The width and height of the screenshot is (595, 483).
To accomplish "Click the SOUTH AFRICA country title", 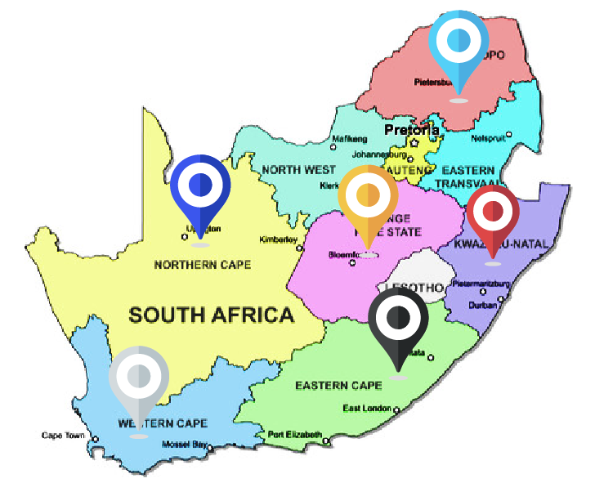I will click(211, 315).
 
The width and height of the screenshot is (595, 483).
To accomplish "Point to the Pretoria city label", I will click(412, 130).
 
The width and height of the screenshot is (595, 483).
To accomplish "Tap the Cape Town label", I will click(63, 435).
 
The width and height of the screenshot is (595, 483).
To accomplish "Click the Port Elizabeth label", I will click(295, 434).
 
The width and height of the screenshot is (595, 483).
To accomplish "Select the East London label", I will click(367, 409).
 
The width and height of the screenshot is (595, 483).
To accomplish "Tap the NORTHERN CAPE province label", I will click(202, 265).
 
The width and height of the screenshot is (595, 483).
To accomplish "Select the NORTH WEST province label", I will click(298, 170).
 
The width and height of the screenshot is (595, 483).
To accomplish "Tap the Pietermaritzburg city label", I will click(481, 284).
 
